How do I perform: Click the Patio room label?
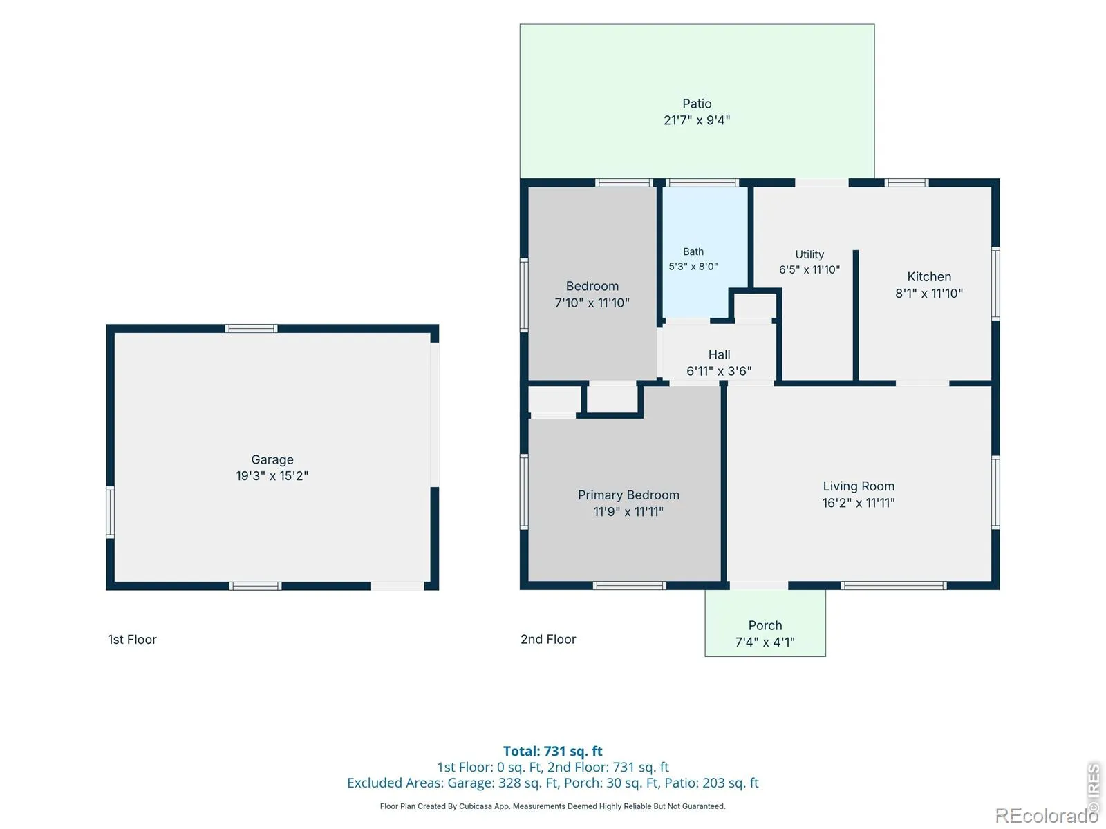pyautogui.click(x=696, y=104)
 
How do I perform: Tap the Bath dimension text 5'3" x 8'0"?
pyautogui.click(x=693, y=266)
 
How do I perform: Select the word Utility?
pyautogui.click(x=809, y=254)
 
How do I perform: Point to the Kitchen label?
pyautogui.click(x=928, y=276)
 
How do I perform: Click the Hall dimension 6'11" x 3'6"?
pyautogui.click(x=718, y=371)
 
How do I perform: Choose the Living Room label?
pyautogui.click(x=858, y=486)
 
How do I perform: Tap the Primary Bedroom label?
pyautogui.click(x=628, y=495)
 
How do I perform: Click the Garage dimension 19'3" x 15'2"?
pyautogui.click(x=272, y=476)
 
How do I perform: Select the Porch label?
pyautogui.click(x=765, y=625)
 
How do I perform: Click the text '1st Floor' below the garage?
pyautogui.click(x=132, y=639)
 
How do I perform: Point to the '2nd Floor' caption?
pyautogui.click(x=547, y=639)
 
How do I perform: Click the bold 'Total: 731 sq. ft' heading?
pyautogui.click(x=552, y=751)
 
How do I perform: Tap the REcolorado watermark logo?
pyautogui.click(x=1046, y=815)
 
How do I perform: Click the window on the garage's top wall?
pyautogui.click(x=251, y=329)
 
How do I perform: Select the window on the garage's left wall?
pyautogui.click(x=111, y=512)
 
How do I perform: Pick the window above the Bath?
pyautogui.click(x=702, y=182)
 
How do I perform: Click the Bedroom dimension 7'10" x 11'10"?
pyautogui.click(x=592, y=303)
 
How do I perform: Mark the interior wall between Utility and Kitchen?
pyautogui.click(x=855, y=316)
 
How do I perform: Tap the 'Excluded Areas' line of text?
pyautogui.click(x=552, y=783)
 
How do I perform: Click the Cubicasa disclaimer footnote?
pyautogui.click(x=552, y=806)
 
